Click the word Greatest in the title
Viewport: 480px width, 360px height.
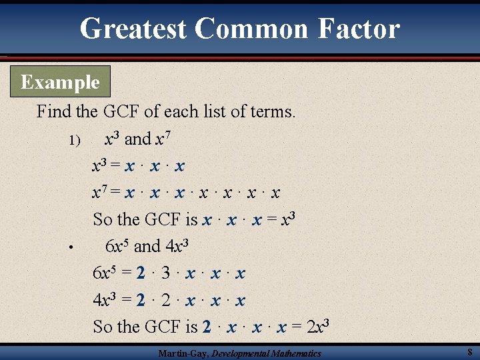(x=133, y=28)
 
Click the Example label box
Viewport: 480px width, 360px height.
(x=60, y=83)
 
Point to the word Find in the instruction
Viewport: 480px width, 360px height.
(x=53, y=111)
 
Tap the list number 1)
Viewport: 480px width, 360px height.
(x=74, y=141)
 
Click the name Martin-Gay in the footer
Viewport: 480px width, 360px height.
(x=183, y=353)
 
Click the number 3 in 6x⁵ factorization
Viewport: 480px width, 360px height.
(x=165, y=273)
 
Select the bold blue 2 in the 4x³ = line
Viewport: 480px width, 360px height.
(x=139, y=300)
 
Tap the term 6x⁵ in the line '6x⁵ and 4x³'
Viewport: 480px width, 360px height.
(x=117, y=245)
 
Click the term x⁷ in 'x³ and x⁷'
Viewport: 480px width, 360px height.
(x=162, y=138)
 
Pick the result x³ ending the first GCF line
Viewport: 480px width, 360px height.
(x=286, y=219)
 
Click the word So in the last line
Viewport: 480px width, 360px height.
(x=103, y=327)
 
